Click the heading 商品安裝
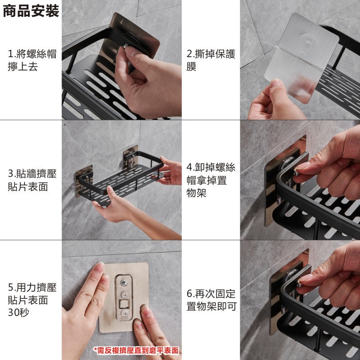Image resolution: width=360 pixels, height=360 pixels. click(x=31, y=11)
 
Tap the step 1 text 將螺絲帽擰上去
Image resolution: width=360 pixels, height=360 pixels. click(x=32, y=60)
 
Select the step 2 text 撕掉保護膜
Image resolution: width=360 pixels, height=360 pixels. click(x=211, y=60)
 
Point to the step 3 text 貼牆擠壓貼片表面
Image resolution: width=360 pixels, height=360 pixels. click(x=32, y=180)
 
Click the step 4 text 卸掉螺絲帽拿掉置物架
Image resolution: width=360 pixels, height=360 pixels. click(x=211, y=180)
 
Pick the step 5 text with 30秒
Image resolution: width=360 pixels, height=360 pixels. click(x=32, y=300)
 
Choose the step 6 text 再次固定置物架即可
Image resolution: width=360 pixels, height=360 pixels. click(x=211, y=300)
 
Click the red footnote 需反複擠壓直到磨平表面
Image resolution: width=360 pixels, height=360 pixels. click(x=136, y=351)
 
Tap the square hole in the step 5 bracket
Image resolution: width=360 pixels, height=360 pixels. click(x=124, y=304)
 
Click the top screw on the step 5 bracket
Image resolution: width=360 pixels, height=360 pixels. click(x=124, y=282)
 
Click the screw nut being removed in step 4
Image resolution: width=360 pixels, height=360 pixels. click(x=296, y=172)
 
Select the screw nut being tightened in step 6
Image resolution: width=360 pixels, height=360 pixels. click(x=299, y=284)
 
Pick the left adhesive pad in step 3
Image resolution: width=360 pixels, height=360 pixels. click(x=83, y=180)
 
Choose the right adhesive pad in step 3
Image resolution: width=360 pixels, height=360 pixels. click(x=130, y=158)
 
